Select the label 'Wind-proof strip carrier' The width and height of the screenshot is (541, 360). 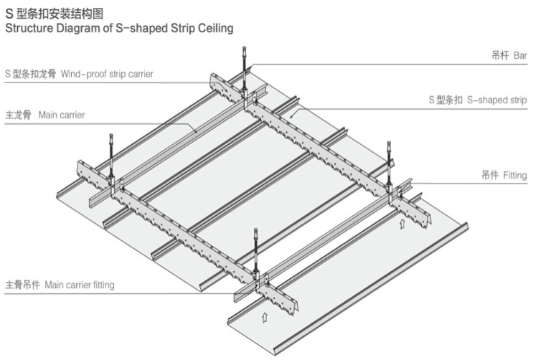coord(107,73)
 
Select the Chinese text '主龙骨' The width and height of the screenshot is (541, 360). coord(18,115)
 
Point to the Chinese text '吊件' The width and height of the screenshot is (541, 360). coord(490,175)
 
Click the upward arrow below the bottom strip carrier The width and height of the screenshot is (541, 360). coord(263,313)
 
